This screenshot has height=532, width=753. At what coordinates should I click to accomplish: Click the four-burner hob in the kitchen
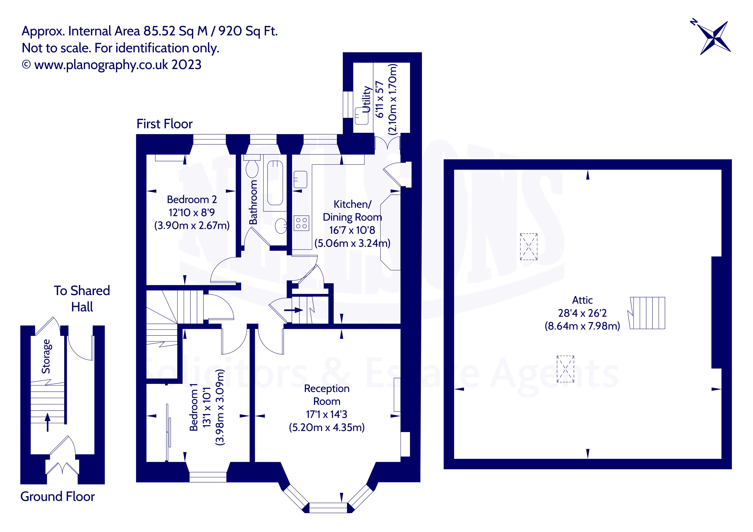click(x=301, y=223)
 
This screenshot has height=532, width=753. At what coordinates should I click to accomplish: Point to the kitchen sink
click(x=300, y=179)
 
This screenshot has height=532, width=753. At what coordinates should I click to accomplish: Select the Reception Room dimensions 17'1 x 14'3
click(x=326, y=414)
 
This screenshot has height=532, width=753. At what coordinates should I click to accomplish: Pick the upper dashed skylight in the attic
click(x=529, y=247)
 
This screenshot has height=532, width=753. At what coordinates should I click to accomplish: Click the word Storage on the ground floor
click(x=46, y=356)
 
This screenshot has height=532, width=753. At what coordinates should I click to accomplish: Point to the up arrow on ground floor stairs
click(x=48, y=422)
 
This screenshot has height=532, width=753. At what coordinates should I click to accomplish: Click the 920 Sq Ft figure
click(x=248, y=31)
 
